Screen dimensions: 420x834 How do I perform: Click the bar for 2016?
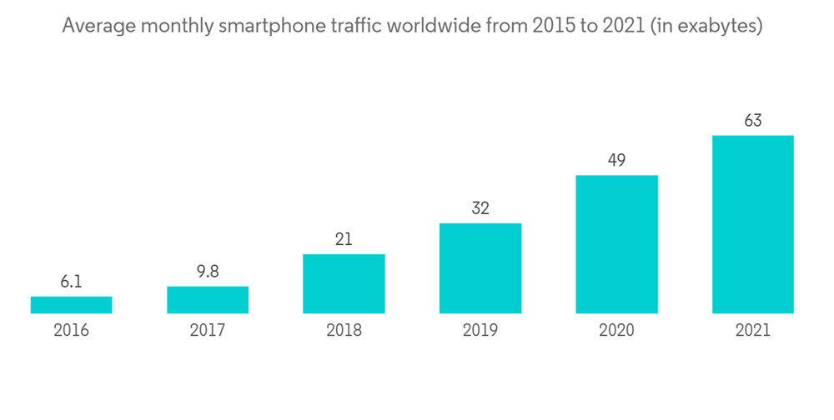click(x=71, y=305)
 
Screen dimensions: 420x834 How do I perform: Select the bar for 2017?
click(x=208, y=300)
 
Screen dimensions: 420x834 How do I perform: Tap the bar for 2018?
click(x=344, y=284)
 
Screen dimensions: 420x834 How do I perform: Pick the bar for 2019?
click(x=480, y=268)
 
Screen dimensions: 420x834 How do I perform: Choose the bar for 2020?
click(x=616, y=244)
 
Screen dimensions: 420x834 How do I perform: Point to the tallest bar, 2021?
click(x=752, y=225)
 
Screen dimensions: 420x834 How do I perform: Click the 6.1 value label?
click(x=71, y=282)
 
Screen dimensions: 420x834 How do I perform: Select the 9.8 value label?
click(x=208, y=272)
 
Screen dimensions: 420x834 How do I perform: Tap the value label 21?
click(x=344, y=240)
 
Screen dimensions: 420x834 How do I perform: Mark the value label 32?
click(x=480, y=208)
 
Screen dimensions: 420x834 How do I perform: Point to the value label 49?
click(x=616, y=160)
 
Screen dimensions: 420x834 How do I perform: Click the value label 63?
click(x=752, y=121)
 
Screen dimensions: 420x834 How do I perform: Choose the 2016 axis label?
click(x=71, y=331)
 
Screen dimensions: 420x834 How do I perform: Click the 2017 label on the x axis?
click(x=208, y=331)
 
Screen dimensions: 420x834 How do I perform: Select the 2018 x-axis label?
click(x=344, y=331)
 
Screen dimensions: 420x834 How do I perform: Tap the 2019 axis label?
click(x=480, y=331)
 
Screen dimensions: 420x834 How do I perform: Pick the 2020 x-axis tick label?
click(x=616, y=331)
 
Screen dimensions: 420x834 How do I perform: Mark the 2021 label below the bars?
click(x=752, y=331)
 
